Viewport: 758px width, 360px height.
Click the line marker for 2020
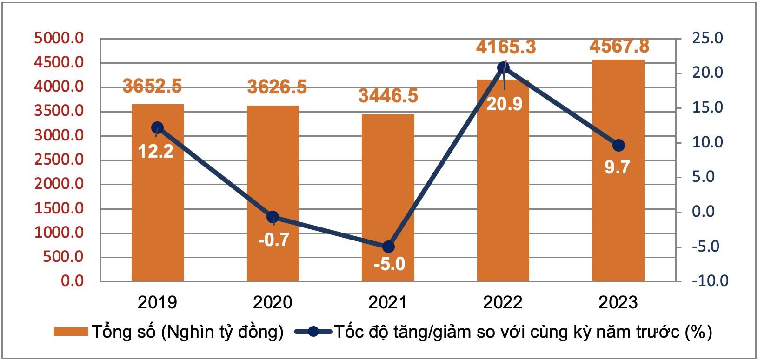point(273,217)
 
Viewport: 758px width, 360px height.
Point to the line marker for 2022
point(503,68)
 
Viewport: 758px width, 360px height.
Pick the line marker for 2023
point(618,146)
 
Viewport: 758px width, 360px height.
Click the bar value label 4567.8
point(619,46)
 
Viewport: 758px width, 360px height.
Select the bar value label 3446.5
point(388,96)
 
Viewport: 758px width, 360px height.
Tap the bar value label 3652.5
point(152,86)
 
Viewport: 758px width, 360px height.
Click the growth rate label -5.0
point(389,264)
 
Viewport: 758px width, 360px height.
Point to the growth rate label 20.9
point(505,104)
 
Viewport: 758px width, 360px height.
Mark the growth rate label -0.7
point(274,240)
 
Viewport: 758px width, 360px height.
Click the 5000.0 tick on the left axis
point(59,38)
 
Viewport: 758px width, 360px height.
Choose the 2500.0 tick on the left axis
point(59,160)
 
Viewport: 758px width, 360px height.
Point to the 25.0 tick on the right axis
point(707,38)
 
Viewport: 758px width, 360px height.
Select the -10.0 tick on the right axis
point(710,281)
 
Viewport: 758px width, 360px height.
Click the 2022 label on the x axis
point(503,303)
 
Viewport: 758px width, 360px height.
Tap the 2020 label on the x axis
point(273,303)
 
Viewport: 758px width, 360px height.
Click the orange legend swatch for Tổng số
point(71,332)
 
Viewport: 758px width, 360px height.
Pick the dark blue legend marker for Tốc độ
point(313,332)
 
